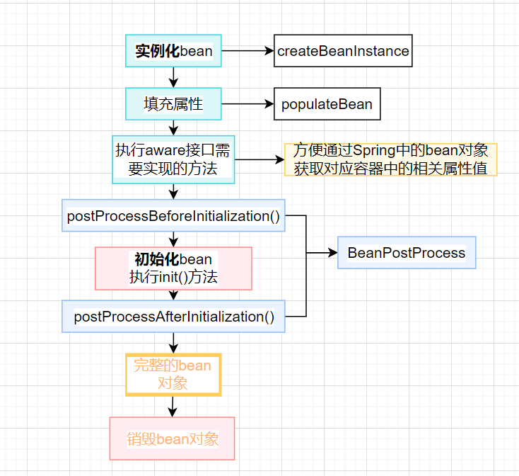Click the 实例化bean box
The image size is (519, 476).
173,51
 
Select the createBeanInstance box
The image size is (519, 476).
343,51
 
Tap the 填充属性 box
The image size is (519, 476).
173,104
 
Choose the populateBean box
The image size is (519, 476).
327,104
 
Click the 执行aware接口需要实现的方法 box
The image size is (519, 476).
173,159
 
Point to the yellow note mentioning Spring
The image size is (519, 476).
391,159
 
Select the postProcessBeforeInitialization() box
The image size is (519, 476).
173,215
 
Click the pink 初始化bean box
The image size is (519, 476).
173,268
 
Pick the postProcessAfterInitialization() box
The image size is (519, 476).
173,317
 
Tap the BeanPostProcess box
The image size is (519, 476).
407,253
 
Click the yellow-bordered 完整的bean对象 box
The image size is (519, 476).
173,374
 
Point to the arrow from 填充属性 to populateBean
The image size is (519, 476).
247,104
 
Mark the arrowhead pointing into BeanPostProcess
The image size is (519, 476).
332,253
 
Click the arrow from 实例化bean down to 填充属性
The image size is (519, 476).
173,77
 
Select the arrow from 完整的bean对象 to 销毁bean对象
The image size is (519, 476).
173,406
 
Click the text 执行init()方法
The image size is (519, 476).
173,277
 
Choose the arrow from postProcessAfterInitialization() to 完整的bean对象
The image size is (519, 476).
173,342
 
